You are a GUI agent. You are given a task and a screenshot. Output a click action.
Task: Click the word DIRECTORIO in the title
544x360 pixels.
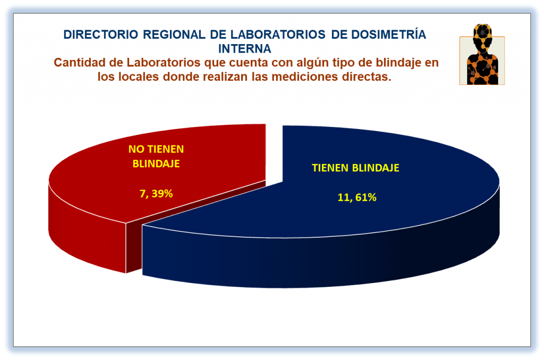[x=100, y=35]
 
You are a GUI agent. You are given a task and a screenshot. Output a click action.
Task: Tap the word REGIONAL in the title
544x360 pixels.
[x=174, y=35]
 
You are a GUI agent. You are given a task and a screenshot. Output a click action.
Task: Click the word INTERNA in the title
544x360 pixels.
[x=244, y=49]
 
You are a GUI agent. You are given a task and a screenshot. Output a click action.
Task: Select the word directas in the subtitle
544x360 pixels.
[x=367, y=76]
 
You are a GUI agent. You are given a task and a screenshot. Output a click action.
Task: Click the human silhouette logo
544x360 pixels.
[x=482, y=55]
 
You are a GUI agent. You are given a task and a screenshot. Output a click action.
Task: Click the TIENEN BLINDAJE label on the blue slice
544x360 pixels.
[x=355, y=168]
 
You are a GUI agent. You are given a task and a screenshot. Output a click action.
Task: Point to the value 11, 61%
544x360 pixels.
[x=357, y=198]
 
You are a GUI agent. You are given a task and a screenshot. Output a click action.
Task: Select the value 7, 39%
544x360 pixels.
[x=156, y=193]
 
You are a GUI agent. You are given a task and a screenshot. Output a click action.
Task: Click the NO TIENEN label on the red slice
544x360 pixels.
[x=156, y=149]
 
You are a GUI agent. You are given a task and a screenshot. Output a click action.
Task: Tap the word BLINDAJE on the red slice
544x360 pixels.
[x=156, y=164]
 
